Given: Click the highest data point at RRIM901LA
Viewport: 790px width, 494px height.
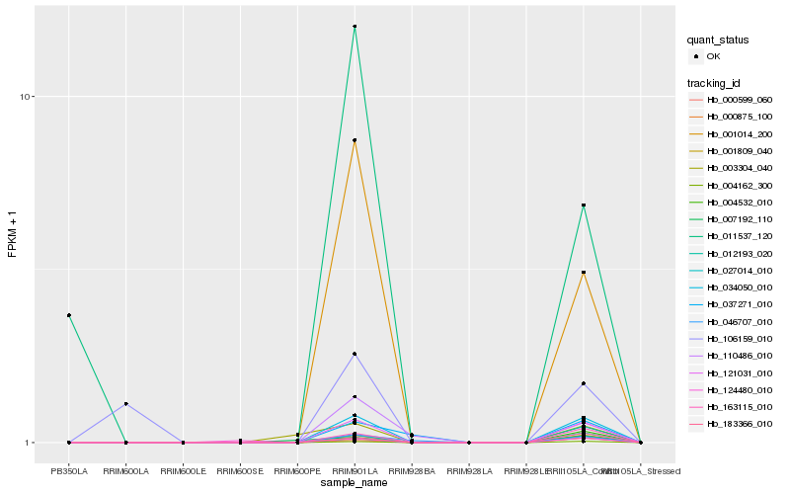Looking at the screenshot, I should click(355, 27).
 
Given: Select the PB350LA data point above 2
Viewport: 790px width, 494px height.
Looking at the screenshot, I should click(69, 315).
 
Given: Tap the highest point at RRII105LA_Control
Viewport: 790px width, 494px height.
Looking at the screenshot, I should click(584, 206).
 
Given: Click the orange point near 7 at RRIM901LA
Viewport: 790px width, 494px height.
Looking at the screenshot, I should click(355, 141).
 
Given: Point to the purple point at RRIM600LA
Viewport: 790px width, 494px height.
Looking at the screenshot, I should click(126, 404).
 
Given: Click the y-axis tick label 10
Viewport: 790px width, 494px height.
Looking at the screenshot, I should click(28, 97).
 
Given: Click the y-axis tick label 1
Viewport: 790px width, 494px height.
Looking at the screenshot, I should click(31, 443).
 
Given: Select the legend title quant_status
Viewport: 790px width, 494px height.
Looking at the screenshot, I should click(718, 41).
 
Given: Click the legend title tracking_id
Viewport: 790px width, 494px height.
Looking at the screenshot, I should click(714, 83).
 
